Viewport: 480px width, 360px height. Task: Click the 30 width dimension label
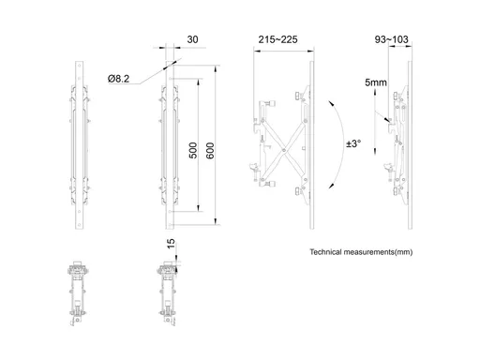pyautogui.click(x=192, y=39)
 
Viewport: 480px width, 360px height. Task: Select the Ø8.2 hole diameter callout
pyautogui.click(x=118, y=79)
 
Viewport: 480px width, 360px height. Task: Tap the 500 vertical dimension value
pyautogui.click(x=193, y=150)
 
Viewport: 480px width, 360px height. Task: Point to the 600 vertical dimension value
pyautogui.click(x=210, y=150)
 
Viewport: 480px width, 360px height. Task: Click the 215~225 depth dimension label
pyautogui.click(x=277, y=39)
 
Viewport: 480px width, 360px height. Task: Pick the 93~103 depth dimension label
pyautogui.click(x=391, y=39)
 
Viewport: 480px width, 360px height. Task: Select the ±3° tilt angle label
pyautogui.click(x=353, y=143)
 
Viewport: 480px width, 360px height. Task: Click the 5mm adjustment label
pyautogui.click(x=376, y=82)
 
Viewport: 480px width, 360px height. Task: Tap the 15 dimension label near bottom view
pyautogui.click(x=171, y=244)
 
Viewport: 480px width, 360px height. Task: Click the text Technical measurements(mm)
pyautogui.click(x=361, y=252)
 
